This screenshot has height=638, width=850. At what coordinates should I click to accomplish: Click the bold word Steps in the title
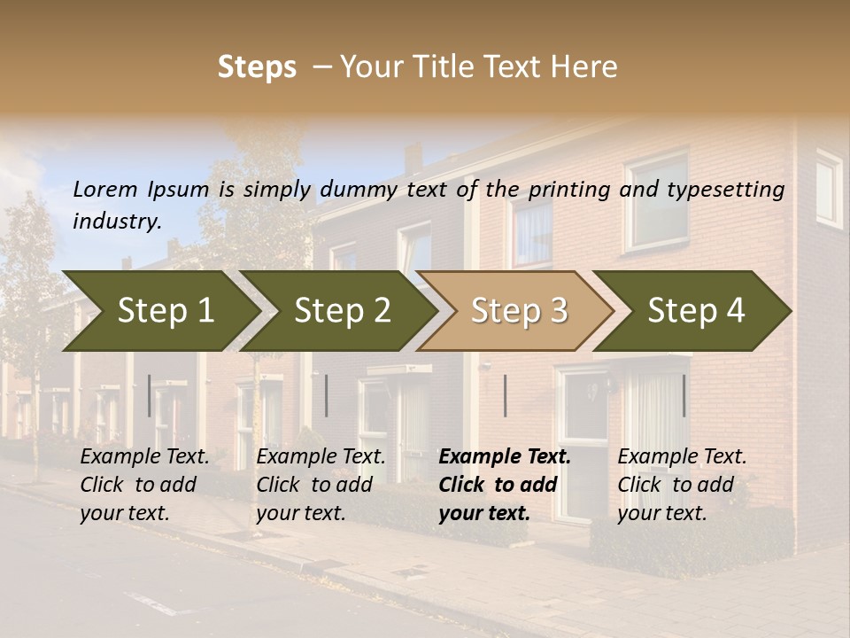[257, 67]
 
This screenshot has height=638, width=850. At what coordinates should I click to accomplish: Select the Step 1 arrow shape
[159, 311]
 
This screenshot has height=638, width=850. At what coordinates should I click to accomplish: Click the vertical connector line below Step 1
[150, 395]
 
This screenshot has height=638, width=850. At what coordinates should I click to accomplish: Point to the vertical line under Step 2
[327, 395]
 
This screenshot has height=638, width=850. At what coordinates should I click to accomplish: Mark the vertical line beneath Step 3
[505, 395]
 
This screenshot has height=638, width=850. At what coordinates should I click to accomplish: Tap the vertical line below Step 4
[684, 395]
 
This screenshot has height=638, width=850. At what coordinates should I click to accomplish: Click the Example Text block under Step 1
[144, 485]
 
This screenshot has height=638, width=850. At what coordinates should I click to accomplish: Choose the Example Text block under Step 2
[321, 485]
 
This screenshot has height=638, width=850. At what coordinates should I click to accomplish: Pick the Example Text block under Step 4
[682, 485]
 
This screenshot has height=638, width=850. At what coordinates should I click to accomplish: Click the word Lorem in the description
[105, 189]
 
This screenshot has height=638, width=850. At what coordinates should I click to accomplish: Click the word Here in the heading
[588, 67]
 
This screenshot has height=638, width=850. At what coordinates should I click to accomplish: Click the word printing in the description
[568, 189]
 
